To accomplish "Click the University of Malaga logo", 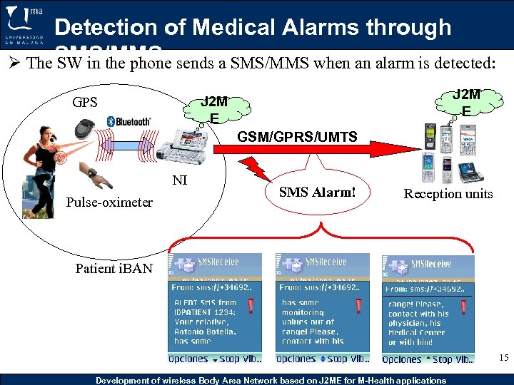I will pyautogui.click(x=25, y=25).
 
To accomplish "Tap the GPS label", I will pyautogui.click(x=84, y=101).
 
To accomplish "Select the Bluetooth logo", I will pyautogui.click(x=129, y=121).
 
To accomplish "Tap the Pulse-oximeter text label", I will pyautogui.click(x=109, y=202).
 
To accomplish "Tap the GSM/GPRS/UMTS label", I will pyautogui.click(x=297, y=136).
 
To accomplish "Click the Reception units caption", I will pyautogui.click(x=448, y=193).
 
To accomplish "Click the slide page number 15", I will pyautogui.click(x=504, y=357).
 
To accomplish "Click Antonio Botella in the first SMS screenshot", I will pyautogui.click(x=203, y=333).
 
